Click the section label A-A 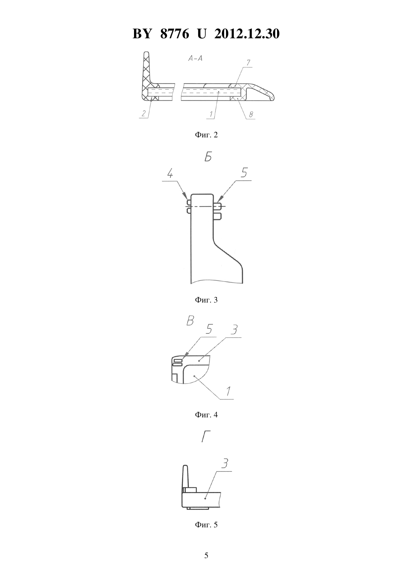tap(195, 59)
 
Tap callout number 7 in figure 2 tap(248, 63)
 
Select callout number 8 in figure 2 tap(251, 114)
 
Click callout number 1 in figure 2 tap(211, 114)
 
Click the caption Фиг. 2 tap(206, 135)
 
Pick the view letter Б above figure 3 tap(208, 157)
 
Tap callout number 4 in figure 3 tap(170, 173)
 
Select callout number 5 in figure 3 tap(244, 172)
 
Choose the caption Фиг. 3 tap(206, 300)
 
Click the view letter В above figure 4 tap(190, 321)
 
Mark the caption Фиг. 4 tap(206, 415)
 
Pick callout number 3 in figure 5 tap(225, 464)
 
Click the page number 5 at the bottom tap(206, 555)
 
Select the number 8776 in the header tap(175, 34)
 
